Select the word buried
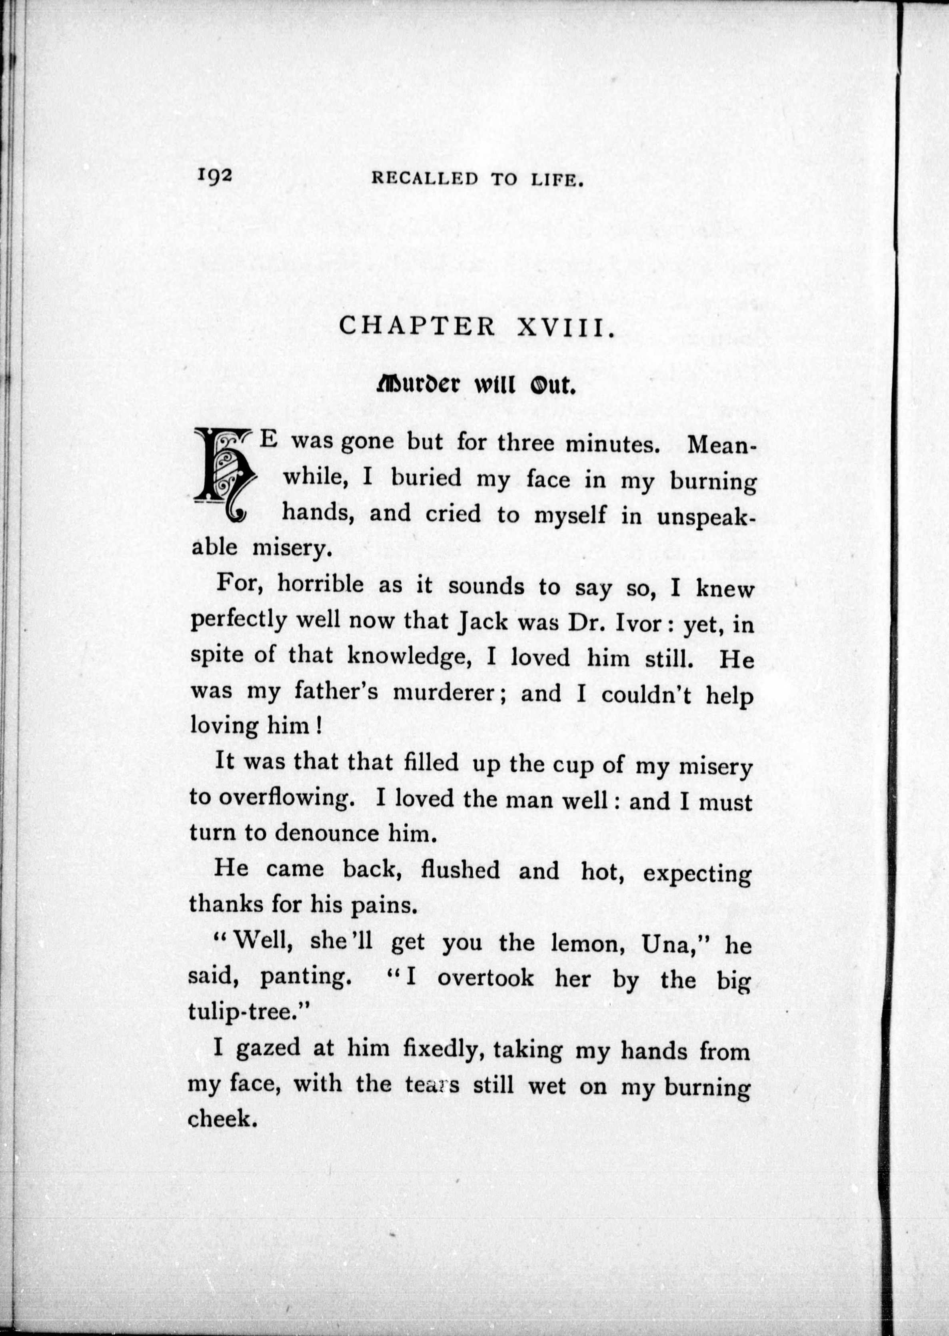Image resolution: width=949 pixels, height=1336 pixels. point(426,478)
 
